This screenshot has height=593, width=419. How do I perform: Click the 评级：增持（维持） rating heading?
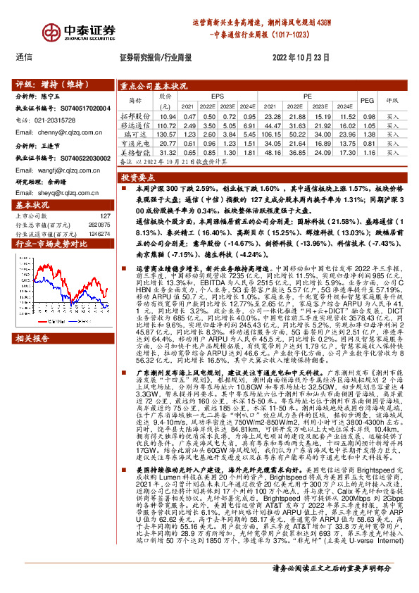pyautogui.click(x=46, y=83)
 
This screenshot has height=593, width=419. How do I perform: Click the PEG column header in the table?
pyautogui.click(x=367, y=101)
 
